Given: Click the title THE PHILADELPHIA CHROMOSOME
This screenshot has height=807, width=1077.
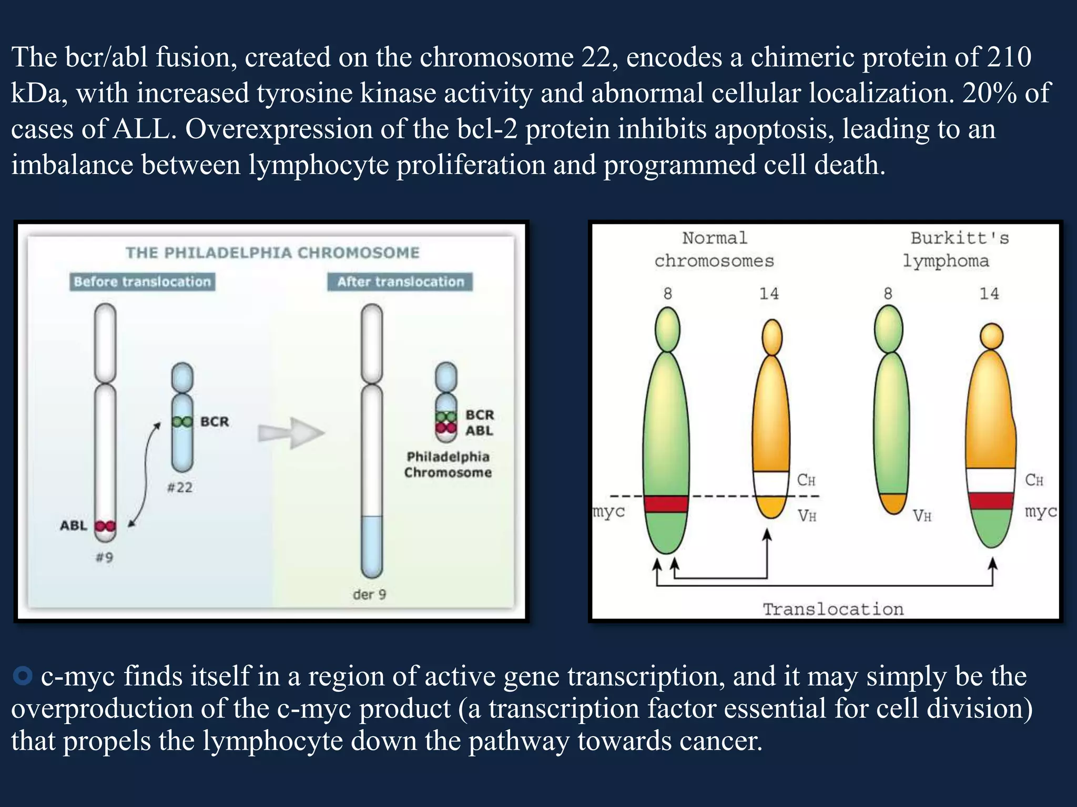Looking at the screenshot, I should click(272, 253).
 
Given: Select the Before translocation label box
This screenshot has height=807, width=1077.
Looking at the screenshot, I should click(142, 282).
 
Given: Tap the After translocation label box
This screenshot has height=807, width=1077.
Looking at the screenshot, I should click(400, 282).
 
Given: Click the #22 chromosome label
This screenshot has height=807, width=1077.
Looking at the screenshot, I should click(179, 488).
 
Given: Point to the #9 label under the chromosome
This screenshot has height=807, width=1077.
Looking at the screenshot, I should click(104, 557).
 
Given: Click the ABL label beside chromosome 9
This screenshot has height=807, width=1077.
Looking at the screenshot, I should click(73, 525).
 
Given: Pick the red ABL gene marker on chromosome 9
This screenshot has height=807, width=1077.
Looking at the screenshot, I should click(105, 526).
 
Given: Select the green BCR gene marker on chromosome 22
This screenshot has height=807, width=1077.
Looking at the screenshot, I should click(182, 421).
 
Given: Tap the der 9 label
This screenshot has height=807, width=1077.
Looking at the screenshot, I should click(369, 594).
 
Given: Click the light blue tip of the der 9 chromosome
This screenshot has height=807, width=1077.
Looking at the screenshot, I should click(372, 546).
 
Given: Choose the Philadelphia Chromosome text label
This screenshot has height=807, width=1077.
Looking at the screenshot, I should click(448, 464).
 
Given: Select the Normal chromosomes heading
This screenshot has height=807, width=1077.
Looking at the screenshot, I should click(714, 250).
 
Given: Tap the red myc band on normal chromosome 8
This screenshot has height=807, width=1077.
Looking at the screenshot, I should click(666, 504).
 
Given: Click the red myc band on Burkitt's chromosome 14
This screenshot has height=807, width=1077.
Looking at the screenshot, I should click(991, 501).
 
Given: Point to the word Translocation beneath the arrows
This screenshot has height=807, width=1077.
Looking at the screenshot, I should click(833, 609).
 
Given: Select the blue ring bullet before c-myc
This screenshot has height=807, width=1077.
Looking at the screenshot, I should click(23, 676).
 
